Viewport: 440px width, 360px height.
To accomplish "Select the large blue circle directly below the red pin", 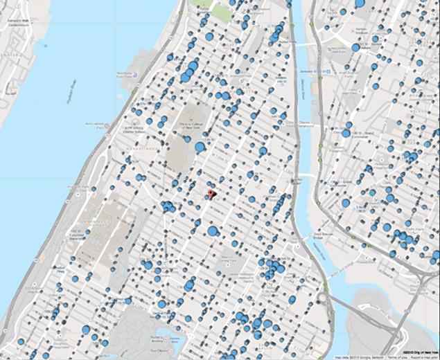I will (x=213, y=231).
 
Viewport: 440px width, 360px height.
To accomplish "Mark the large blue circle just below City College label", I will (x=200, y=147).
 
